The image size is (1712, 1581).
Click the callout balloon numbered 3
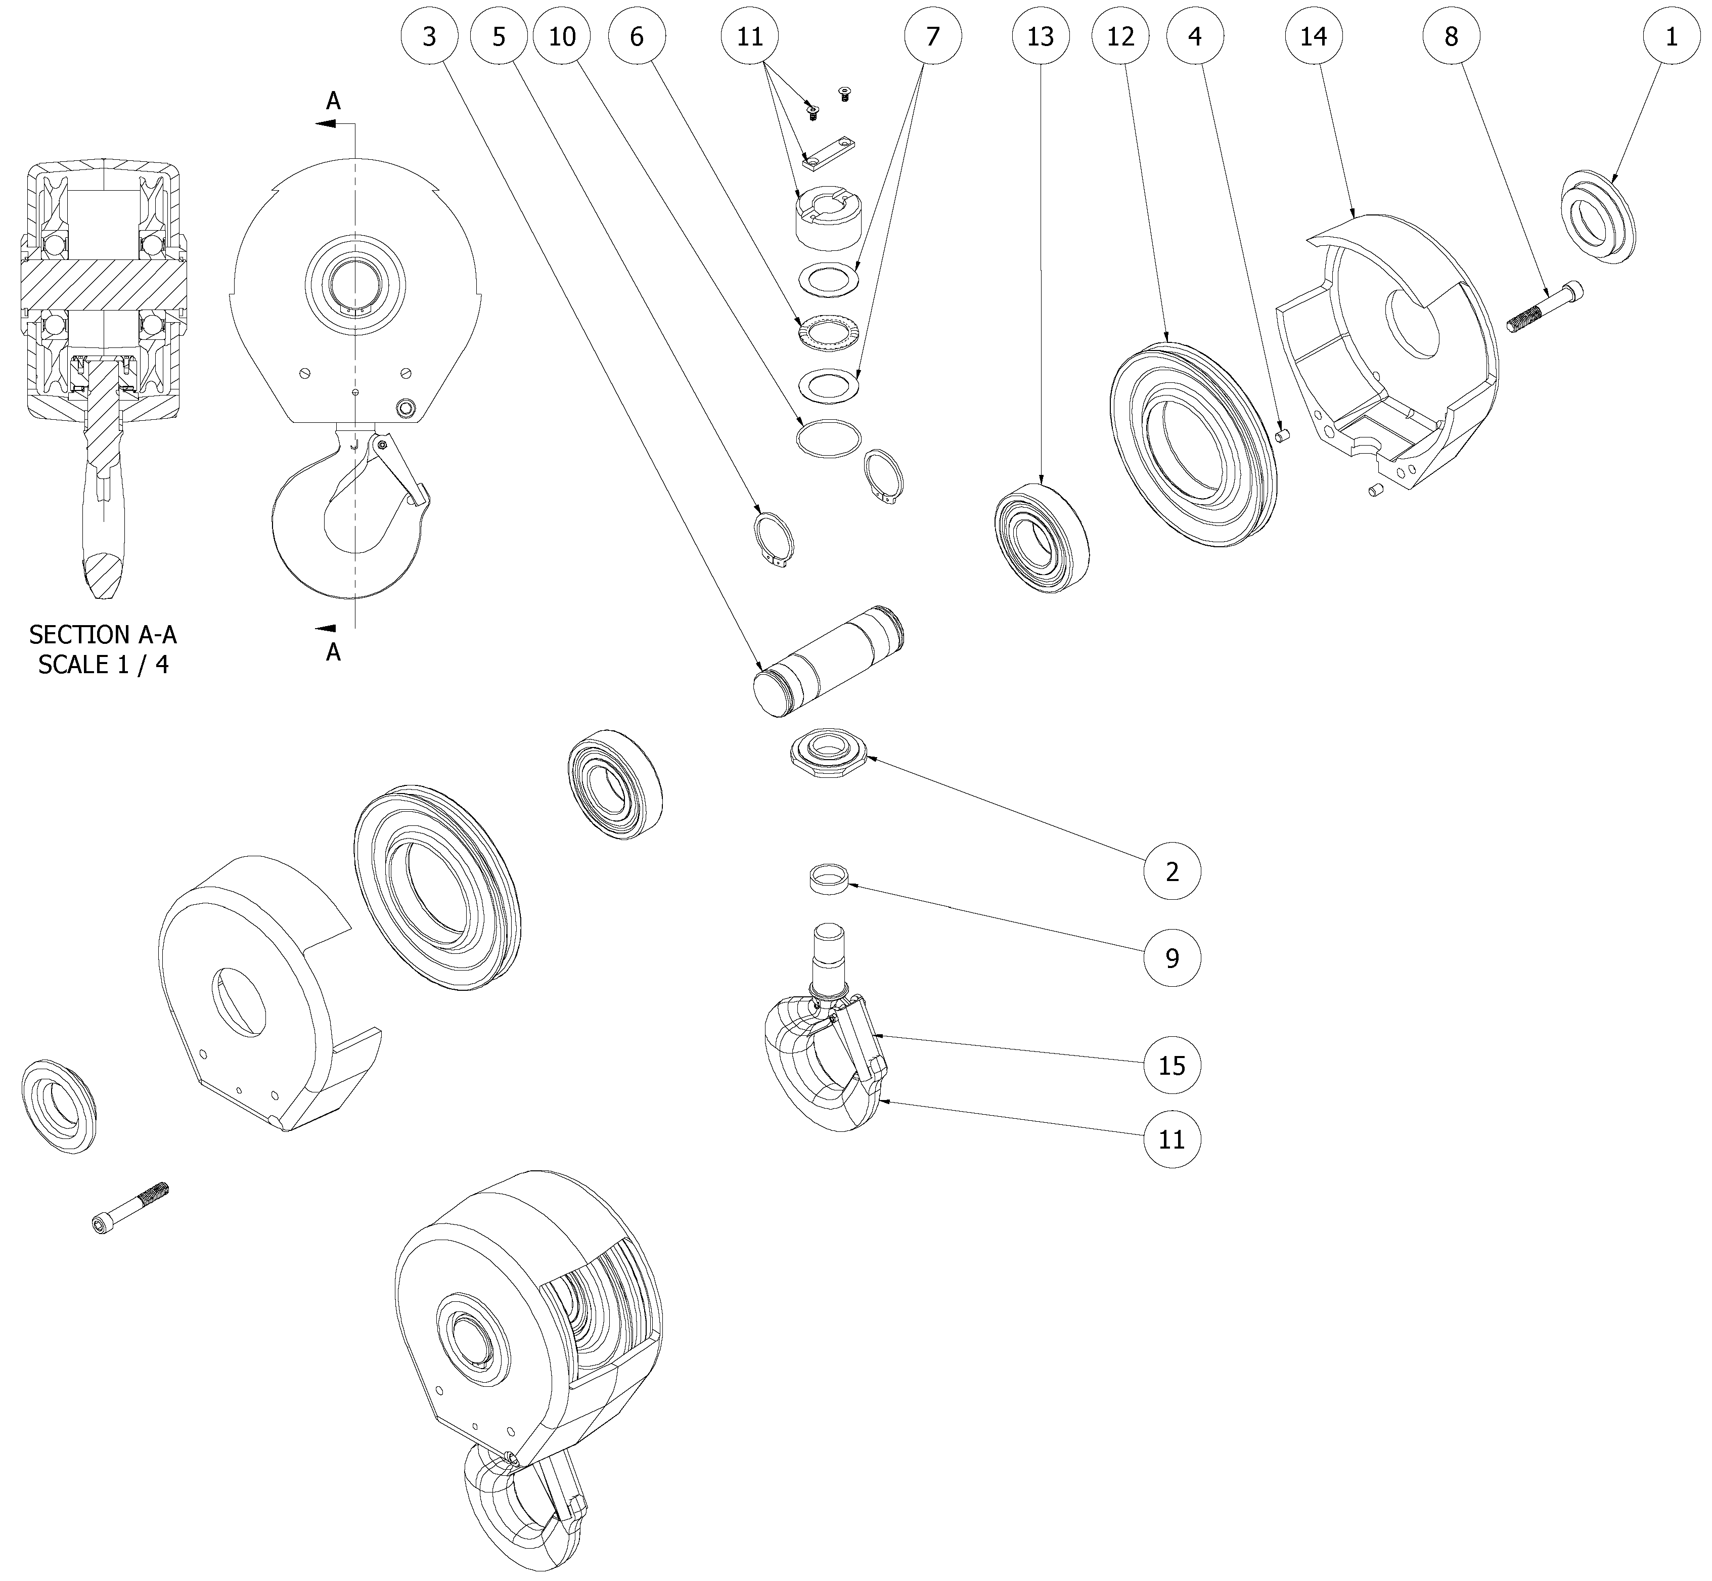pyautogui.click(x=428, y=37)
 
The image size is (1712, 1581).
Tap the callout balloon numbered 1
pyautogui.click(x=1671, y=37)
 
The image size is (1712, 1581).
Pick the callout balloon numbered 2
pyautogui.click(x=1172, y=872)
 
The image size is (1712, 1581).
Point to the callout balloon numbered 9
pyautogui.click(x=1172, y=958)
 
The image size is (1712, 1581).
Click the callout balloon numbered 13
pyautogui.click(x=1040, y=37)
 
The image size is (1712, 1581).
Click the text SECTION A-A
pyautogui.click(x=103, y=635)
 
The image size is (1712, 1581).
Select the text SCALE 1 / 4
pyautogui.click(x=103, y=665)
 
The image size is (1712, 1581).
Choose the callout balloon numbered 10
pyautogui.click(x=562, y=37)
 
